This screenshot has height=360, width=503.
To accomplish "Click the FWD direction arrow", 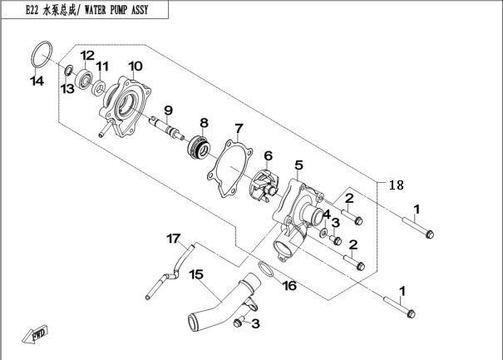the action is pyautogui.click(x=35, y=335).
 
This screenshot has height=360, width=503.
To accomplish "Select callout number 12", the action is pyautogui.click(x=87, y=56).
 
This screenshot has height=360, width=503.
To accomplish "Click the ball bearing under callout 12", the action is pyautogui.click(x=84, y=79).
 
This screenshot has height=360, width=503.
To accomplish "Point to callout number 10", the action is pyautogui.click(x=136, y=66).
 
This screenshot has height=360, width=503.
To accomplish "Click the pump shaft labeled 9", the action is pyautogui.click(x=166, y=127).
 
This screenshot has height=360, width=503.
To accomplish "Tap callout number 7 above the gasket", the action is pyautogui.click(x=239, y=129).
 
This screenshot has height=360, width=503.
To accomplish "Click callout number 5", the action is pyautogui.click(x=298, y=165).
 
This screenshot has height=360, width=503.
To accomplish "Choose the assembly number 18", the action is pyautogui.click(x=397, y=185).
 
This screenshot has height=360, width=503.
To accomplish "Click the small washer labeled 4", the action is pyautogui.click(x=324, y=232).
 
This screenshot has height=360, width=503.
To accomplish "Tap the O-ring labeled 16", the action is pyautogui.click(x=266, y=269).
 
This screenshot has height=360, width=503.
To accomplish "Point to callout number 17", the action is pyautogui.click(x=173, y=239).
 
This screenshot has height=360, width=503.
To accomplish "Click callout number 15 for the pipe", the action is pyautogui.click(x=196, y=274).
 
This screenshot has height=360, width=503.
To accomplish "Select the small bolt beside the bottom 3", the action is pyautogui.click(x=238, y=323).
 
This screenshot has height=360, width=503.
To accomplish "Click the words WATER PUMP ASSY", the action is pyautogui.click(x=116, y=10).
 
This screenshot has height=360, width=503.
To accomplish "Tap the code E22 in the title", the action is pyautogui.click(x=32, y=10).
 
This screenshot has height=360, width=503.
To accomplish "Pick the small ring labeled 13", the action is pyautogui.click(x=68, y=71).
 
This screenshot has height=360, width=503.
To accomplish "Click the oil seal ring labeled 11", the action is pyautogui.click(x=99, y=88).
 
